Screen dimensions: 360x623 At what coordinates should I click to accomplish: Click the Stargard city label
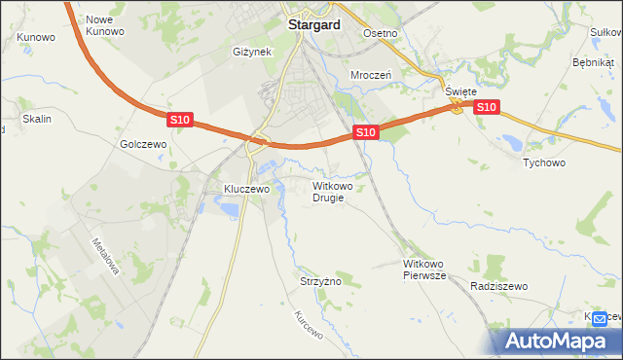click(313, 26)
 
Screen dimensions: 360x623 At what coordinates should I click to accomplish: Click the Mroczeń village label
click(370, 74)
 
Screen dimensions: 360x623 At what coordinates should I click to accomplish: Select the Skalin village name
click(36, 119)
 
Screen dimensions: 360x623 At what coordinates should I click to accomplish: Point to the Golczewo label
click(144, 143)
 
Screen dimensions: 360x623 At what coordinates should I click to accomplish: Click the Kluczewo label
click(245, 189)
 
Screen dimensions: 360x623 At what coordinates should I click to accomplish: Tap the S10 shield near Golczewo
click(179, 120)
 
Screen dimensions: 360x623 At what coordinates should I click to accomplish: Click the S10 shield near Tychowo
click(488, 107)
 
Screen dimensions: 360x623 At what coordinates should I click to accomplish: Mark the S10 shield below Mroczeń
click(364, 131)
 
